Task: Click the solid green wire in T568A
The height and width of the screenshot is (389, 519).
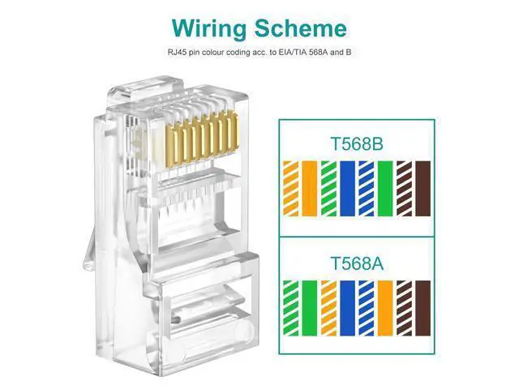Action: tap(309, 306)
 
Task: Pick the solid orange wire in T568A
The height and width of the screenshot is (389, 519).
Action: tap(385, 306)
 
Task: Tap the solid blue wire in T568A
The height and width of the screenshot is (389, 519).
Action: tap(348, 306)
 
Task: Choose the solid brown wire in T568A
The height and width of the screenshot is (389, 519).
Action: tap(422, 306)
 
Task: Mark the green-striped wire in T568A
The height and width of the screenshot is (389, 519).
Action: tap(290, 306)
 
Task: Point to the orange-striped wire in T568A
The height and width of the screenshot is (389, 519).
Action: tap(328, 306)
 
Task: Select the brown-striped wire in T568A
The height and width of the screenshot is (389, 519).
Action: tap(404, 306)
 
